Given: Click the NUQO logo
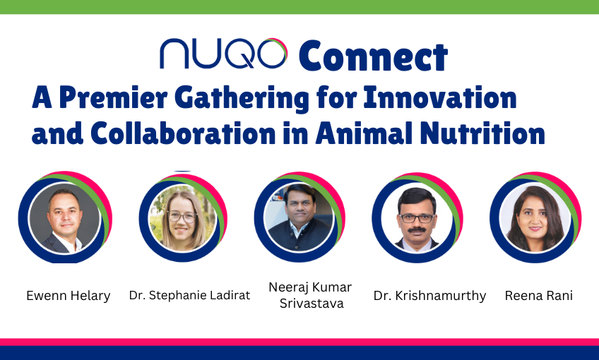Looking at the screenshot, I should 223,54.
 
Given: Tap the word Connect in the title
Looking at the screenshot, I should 373,55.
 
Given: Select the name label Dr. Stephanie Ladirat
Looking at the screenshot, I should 189,295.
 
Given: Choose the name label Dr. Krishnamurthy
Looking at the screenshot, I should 429,296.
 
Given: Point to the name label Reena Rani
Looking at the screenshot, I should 538,296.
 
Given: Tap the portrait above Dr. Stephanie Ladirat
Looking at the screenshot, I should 182,218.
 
